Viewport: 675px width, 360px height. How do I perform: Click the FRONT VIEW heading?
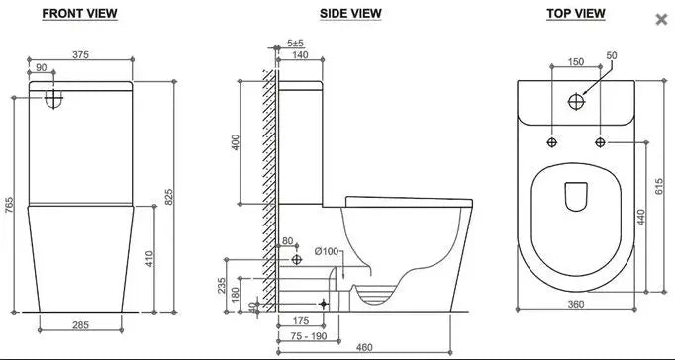tap(80, 14)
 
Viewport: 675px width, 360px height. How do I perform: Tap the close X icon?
tap(662, 19)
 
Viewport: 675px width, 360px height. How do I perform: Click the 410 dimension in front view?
tap(149, 259)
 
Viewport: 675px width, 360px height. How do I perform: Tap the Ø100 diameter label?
tap(327, 252)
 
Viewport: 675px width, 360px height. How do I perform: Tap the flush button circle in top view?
tap(578, 100)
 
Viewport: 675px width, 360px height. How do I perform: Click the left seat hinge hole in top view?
tap(552, 143)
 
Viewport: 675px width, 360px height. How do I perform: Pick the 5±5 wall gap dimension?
tap(295, 44)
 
